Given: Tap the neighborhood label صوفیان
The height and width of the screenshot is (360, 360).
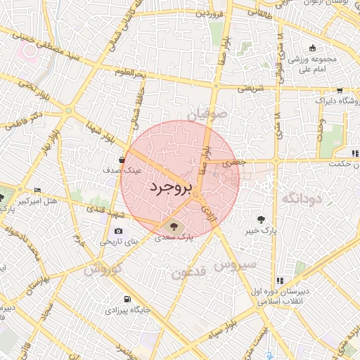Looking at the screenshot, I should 207,112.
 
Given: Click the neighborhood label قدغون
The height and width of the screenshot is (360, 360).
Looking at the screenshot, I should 190,272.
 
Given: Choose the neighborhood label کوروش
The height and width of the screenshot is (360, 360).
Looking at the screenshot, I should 103,269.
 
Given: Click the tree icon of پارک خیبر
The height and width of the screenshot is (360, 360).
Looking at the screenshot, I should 263,219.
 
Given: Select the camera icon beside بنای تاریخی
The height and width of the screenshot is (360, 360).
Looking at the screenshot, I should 118,231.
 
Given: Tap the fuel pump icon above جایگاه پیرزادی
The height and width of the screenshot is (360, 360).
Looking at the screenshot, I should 127,298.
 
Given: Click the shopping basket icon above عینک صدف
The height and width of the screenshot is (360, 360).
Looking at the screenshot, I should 123,160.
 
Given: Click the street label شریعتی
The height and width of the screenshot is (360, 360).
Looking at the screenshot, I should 251,89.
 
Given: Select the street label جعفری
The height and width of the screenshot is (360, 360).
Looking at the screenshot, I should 232,162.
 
